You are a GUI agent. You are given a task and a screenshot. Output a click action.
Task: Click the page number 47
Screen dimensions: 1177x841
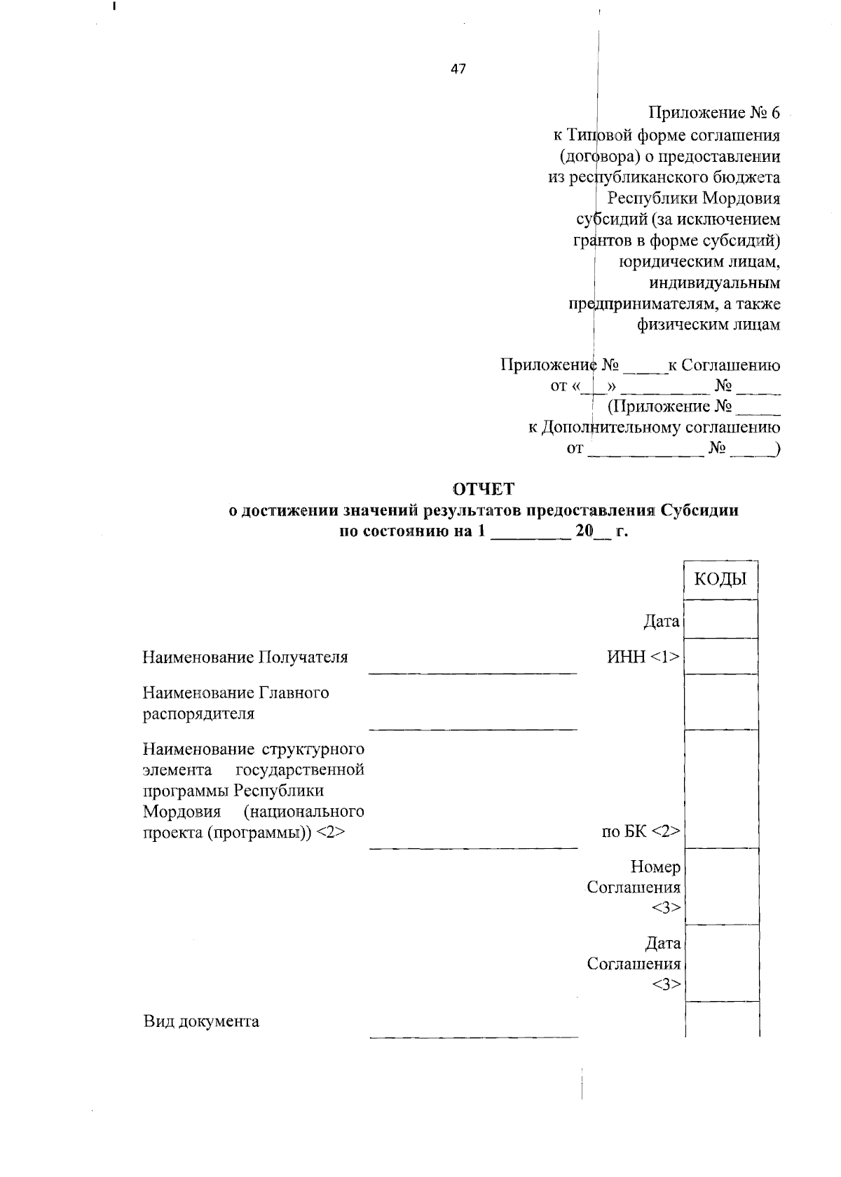[x=458, y=69]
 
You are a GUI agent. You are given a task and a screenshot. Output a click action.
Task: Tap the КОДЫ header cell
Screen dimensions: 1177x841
[x=720, y=579]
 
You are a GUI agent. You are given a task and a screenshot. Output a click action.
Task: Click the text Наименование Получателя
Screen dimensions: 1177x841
[x=245, y=657]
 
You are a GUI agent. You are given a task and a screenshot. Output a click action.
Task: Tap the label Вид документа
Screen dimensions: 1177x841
[x=201, y=1021]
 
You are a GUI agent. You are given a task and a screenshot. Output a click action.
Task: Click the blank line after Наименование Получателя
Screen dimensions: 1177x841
[x=473, y=672]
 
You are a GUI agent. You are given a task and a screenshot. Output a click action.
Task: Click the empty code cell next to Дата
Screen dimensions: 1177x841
[x=720, y=619]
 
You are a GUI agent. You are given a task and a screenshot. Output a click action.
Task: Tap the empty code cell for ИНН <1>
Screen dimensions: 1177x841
[x=720, y=656]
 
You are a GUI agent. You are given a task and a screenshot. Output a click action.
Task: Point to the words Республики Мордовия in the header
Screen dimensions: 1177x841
[x=693, y=198]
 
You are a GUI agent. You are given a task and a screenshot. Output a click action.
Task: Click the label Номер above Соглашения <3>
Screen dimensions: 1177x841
[x=655, y=867]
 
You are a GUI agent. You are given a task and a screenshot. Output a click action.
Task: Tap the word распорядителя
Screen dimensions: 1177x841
[x=198, y=714]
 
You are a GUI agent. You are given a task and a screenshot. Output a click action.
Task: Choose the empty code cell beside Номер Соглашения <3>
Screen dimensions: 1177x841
[x=720, y=887]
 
